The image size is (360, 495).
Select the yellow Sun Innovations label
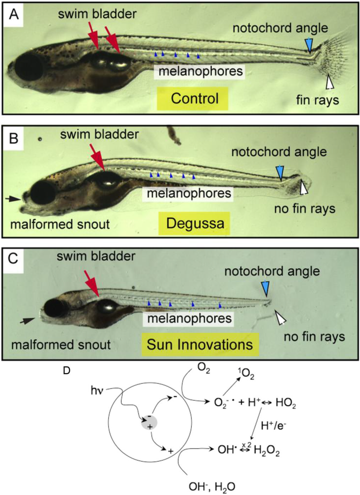pos(200,344)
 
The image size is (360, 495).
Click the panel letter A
pos(14,15)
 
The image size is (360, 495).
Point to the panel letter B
pos(14,138)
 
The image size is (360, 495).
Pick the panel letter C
pos(13,259)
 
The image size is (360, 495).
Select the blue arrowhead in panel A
pos(309,45)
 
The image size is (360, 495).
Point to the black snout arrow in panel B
pos(13,199)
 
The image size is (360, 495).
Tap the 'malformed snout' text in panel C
pos(61,345)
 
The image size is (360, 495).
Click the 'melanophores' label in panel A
pos(200,71)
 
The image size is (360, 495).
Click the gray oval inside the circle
pos(149,422)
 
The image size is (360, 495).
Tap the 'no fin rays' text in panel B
pos(304,209)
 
